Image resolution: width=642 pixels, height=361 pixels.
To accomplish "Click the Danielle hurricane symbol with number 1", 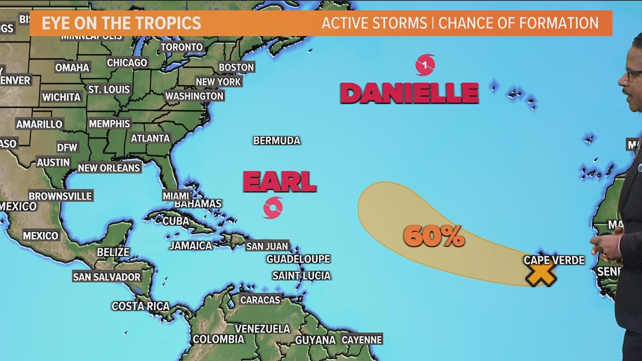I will [425, 65].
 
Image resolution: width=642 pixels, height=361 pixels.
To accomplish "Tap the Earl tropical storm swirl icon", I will [273, 208].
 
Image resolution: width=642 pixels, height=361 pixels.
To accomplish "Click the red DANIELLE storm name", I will [409, 93].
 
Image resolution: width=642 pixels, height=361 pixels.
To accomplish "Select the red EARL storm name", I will [279, 182].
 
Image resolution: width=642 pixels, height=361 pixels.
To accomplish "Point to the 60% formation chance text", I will [434, 236].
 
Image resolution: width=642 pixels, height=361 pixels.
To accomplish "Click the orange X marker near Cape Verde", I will [541, 273].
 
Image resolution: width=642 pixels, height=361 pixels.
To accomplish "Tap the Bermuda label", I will [277, 141].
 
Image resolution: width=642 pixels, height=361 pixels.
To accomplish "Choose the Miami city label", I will [176, 195].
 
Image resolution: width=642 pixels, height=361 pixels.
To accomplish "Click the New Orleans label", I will [109, 168].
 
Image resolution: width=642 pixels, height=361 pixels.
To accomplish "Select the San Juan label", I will [267, 246].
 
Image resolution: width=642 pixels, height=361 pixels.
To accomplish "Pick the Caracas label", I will [260, 300].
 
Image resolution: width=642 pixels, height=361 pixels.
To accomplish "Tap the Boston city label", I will [236, 67].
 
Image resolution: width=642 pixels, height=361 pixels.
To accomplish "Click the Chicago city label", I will [127, 63].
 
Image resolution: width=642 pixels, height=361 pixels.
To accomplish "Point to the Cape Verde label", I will [554, 260].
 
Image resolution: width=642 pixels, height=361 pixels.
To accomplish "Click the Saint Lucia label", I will [301, 275].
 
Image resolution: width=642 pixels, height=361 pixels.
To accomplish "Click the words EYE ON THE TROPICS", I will [121, 23].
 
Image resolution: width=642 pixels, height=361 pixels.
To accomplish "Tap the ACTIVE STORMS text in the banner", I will [374, 23].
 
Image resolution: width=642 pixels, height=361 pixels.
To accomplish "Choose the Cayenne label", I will [362, 340].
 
